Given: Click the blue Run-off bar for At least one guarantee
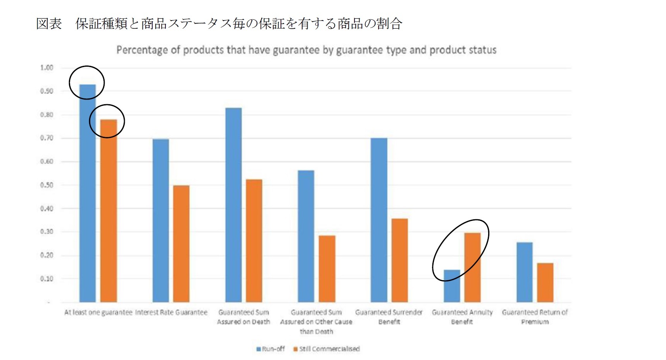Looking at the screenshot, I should pyautogui.click(x=88, y=194).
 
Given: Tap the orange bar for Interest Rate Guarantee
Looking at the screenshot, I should pyautogui.click(x=181, y=244).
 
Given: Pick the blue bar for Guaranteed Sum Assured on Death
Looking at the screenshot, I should pyautogui.click(x=234, y=205).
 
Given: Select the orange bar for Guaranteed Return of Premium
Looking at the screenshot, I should pyautogui.click(x=545, y=283).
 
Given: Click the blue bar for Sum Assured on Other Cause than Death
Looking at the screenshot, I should pyautogui.click(x=306, y=236).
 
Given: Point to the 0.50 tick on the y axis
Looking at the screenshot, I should pyautogui.click(x=47, y=185).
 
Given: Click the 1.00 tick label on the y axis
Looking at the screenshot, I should pyautogui.click(x=47, y=68).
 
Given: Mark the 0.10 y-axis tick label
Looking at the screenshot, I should pyautogui.click(x=47, y=279).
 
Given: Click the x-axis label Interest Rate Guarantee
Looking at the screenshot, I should pyautogui.click(x=171, y=312).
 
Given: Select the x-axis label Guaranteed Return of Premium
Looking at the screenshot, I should pyautogui.click(x=535, y=317).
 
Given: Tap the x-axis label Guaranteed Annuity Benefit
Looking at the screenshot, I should pyautogui.click(x=462, y=317).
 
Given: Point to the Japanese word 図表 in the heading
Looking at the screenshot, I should pyautogui.click(x=49, y=24).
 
